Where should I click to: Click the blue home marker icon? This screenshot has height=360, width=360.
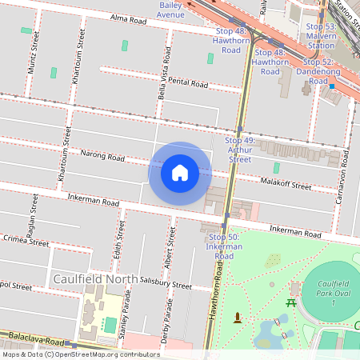(x=180, y=173)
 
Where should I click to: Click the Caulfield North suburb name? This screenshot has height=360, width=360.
(x=89, y=278)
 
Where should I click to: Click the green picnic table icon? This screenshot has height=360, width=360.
(x=291, y=303)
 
